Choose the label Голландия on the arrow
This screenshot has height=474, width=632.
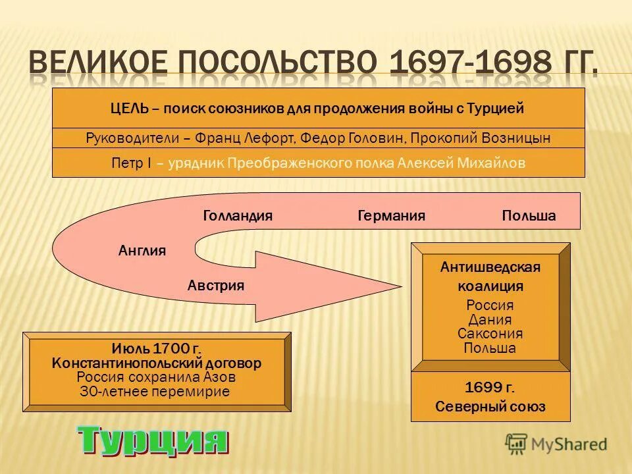(x=238, y=216)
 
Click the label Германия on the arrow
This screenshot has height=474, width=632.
(x=391, y=216)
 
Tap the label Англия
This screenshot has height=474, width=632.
(x=142, y=250)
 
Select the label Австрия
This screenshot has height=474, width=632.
(x=216, y=285)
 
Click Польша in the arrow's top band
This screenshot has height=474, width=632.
(x=529, y=216)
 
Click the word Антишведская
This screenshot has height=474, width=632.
(x=490, y=267)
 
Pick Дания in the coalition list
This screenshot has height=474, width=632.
(x=490, y=320)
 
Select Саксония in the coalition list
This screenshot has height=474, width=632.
(x=490, y=334)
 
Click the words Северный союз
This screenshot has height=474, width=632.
(x=490, y=407)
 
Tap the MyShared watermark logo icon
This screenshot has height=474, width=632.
(x=517, y=443)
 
